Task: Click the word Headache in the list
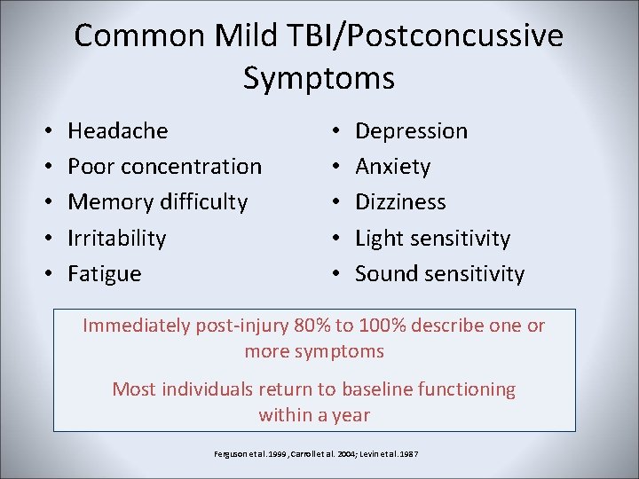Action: pyautogui.click(x=117, y=131)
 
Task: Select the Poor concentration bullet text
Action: pyautogui.click(x=164, y=167)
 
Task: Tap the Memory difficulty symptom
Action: pyautogui.click(x=157, y=202)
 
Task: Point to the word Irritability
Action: pyautogui.click(x=116, y=239)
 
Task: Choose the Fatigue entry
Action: pyautogui.click(x=104, y=274)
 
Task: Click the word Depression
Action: pyautogui.click(x=411, y=131)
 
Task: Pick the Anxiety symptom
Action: pyautogui.click(x=392, y=167)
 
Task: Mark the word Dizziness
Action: pyautogui.click(x=400, y=202)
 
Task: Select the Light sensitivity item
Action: pyautogui.click(x=432, y=239)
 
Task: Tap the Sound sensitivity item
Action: pyautogui.click(x=439, y=274)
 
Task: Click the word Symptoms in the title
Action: pyautogui.click(x=319, y=78)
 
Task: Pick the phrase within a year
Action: pyautogui.click(x=314, y=414)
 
